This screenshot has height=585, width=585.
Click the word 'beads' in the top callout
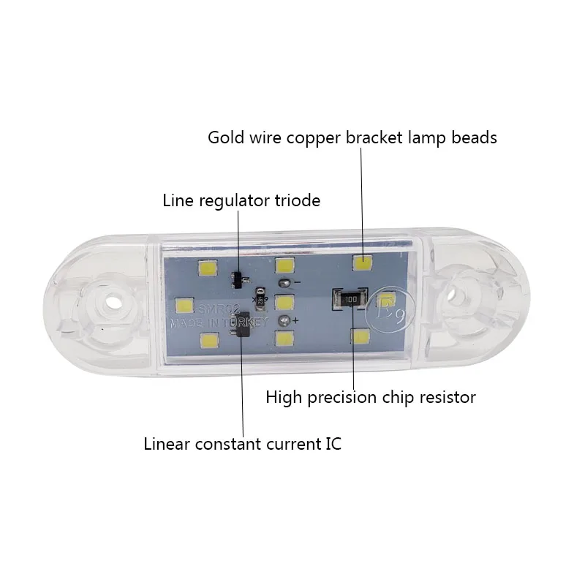click(475, 137)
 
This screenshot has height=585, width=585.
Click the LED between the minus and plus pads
click(284, 301)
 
